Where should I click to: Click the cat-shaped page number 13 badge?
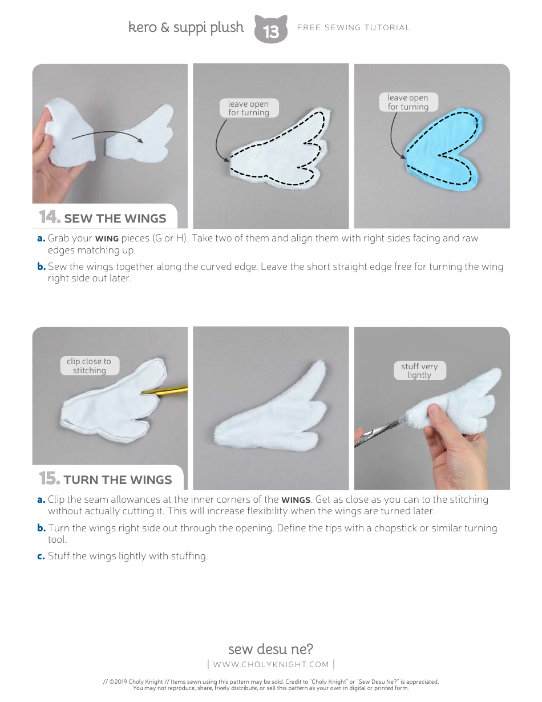(x=271, y=29)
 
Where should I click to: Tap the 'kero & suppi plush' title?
(x=186, y=27)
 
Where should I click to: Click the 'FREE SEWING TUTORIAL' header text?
(x=354, y=28)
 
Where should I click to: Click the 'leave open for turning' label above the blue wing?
(x=408, y=102)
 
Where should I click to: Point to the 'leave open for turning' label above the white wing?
(x=249, y=108)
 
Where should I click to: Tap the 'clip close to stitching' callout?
(x=90, y=366)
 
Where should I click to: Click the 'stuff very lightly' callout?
(x=420, y=370)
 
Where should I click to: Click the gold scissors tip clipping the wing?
(x=143, y=393)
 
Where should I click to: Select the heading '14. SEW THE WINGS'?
(x=103, y=217)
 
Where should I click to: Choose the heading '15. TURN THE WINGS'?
(x=106, y=479)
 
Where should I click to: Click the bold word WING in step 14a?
(x=107, y=239)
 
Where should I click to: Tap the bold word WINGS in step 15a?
(x=296, y=500)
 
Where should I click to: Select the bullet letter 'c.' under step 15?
(x=41, y=556)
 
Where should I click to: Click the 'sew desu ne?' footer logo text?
(x=270, y=649)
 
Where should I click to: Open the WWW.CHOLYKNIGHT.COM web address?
(x=271, y=664)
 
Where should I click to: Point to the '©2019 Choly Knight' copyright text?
(x=136, y=681)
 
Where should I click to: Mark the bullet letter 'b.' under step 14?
(x=41, y=267)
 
